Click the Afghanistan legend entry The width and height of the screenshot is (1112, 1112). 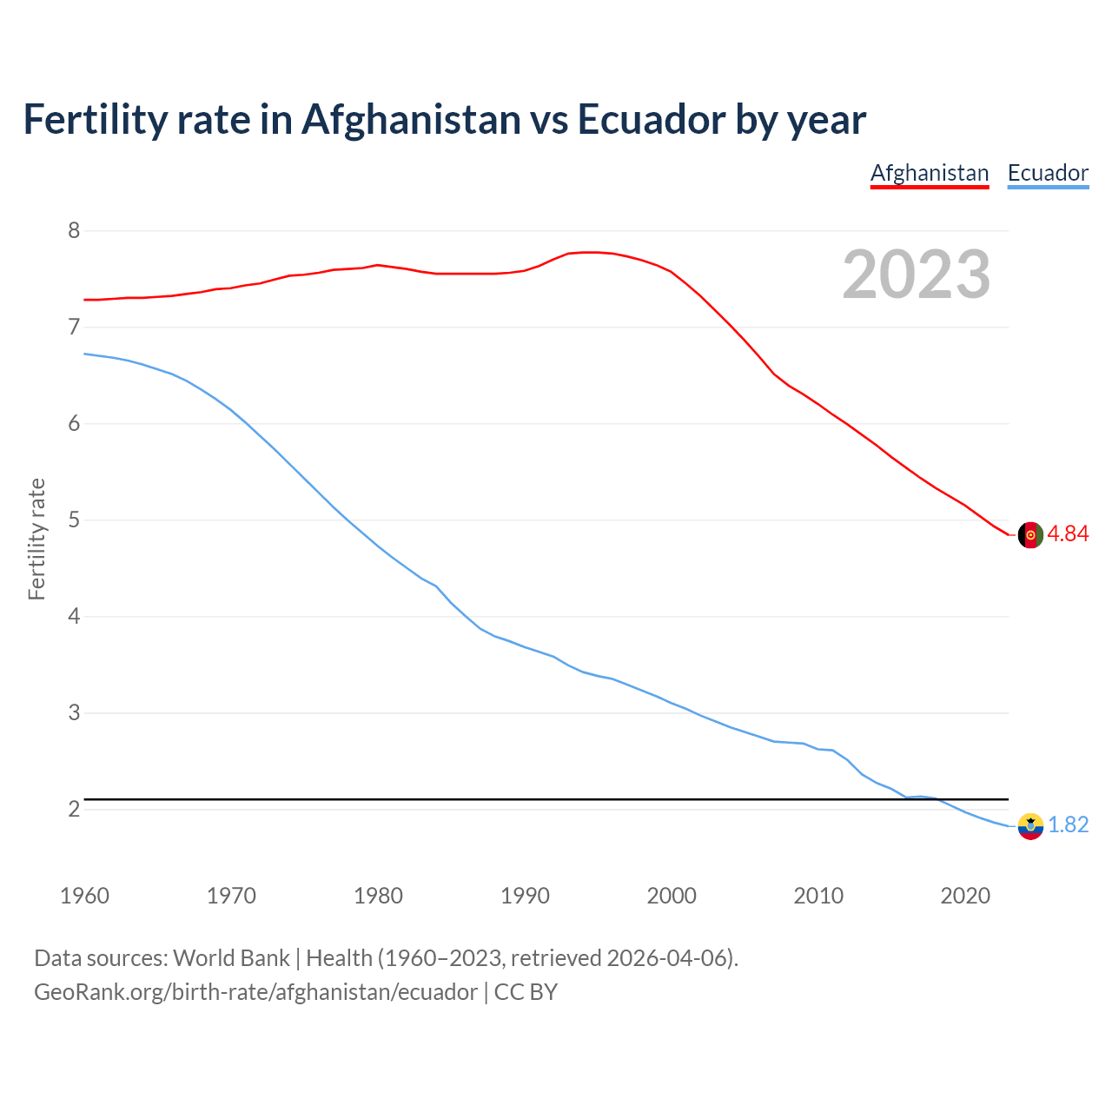(930, 173)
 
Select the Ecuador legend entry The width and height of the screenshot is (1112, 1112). (1048, 173)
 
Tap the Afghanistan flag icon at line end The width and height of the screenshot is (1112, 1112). (1030, 535)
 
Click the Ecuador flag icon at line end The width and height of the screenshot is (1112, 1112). (1030, 826)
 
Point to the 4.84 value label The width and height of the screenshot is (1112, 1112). (1068, 534)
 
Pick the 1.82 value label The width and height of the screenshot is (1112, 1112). (1068, 825)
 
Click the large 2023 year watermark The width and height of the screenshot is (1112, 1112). (917, 275)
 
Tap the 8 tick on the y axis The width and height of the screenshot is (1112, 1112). (74, 231)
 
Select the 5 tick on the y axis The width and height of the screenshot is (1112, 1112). (74, 520)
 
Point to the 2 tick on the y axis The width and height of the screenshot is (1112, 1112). (74, 810)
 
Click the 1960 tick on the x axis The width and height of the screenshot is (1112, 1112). (84, 896)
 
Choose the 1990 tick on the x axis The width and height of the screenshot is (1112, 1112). (525, 896)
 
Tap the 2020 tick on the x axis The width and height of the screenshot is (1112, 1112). (965, 896)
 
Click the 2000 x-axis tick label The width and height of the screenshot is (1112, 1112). (672, 896)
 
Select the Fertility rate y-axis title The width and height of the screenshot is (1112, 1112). (36, 539)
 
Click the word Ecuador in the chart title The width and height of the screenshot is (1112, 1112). (650, 120)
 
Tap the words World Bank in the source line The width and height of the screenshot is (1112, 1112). (231, 958)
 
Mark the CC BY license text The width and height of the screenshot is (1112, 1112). (526, 992)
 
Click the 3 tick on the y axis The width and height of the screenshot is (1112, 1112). (74, 713)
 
